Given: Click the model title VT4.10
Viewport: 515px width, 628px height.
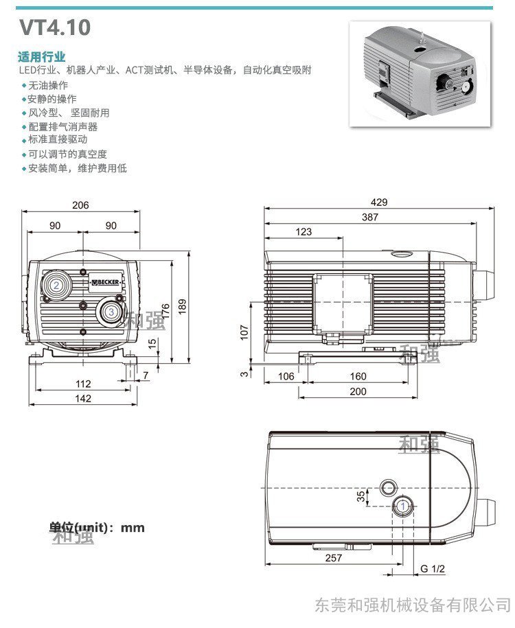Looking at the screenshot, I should (54, 28).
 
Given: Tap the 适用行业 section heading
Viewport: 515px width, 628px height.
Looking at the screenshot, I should (42, 56).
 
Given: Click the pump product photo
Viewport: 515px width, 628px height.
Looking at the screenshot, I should (421, 73).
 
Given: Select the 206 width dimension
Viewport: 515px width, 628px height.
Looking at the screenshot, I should (80, 205).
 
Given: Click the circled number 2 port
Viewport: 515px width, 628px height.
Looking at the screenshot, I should (56, 284).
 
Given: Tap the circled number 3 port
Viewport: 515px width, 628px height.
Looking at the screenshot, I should (111, 312).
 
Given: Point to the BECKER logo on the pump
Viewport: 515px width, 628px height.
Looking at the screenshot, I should (106, 281).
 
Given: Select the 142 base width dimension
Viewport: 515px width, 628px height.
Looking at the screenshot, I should (82, 398).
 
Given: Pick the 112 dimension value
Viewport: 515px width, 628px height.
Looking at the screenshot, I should (82, 384).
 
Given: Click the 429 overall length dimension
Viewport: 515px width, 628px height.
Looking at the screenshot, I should (379, 202).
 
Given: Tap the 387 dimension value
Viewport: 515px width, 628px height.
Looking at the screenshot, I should (370, 217).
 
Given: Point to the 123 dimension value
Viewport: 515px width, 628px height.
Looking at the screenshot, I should (304, 232).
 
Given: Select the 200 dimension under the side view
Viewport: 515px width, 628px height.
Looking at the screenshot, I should (358, 391).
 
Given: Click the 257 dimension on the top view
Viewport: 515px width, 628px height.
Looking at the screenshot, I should (333, 557).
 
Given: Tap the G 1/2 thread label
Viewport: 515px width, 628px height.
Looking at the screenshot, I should (433, 568).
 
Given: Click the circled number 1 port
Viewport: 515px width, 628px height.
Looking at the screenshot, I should (403, 506).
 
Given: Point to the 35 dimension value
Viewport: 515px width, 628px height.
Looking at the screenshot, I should (361, 496).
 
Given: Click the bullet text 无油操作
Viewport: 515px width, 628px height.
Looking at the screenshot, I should (47, 85).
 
